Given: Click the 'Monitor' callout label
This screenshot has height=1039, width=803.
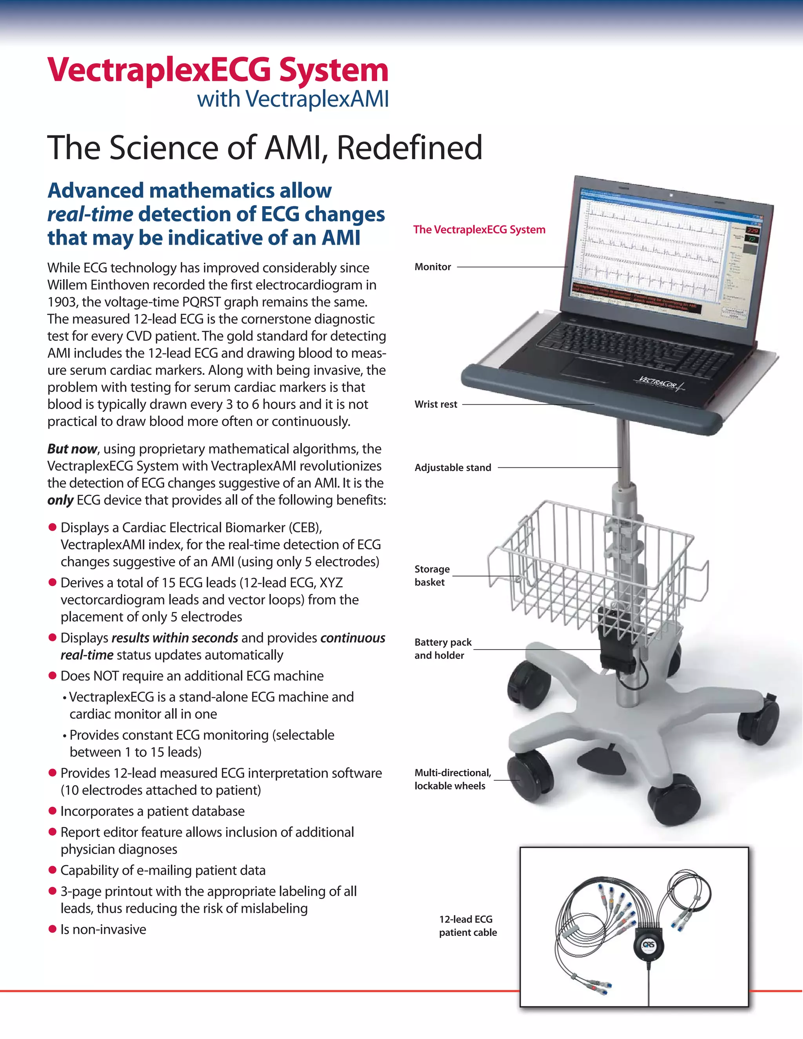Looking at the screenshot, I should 432,267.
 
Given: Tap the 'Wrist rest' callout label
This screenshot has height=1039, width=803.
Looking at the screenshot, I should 435,404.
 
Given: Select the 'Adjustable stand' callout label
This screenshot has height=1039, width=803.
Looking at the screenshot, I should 452,468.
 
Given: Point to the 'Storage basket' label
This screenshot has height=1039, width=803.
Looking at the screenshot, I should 431,576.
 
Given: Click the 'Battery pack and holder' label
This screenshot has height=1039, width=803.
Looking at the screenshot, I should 442,648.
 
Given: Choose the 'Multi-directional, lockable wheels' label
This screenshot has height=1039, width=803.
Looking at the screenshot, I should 452,779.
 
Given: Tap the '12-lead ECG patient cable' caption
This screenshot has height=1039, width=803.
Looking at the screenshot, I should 468,926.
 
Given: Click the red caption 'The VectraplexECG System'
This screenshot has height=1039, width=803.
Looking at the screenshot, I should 479,230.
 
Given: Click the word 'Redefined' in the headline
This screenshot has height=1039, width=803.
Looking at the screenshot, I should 409,147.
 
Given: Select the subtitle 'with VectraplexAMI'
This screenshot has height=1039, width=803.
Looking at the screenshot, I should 292,99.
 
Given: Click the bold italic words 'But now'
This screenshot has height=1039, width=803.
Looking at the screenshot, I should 72,449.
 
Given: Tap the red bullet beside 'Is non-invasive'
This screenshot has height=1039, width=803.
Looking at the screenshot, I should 52,929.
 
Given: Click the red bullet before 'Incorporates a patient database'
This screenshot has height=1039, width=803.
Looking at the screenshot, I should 52,811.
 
